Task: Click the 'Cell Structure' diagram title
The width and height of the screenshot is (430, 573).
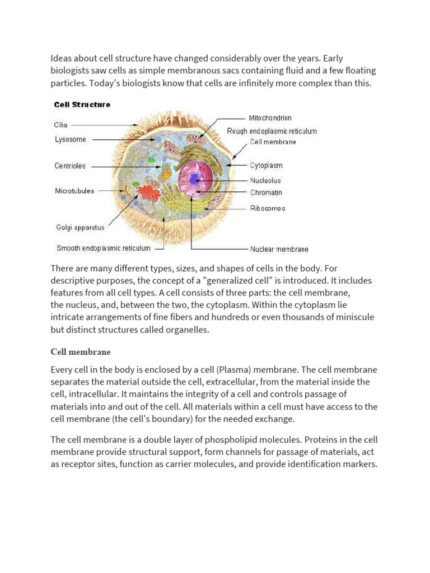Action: pos(82,105)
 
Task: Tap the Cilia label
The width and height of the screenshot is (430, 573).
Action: pos(60,125)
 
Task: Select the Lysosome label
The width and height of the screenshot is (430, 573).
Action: pos(71,139)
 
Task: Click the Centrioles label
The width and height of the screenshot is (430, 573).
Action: pos(70,166)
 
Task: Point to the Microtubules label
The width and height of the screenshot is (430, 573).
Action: pos(74,191)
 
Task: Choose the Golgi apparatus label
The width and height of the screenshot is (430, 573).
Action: pos(80,228)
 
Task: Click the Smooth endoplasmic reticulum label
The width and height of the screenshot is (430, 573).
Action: pos(104,248)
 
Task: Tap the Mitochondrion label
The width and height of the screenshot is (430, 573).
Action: pos(270,118)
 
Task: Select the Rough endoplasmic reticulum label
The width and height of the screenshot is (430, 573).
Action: pos(272,131)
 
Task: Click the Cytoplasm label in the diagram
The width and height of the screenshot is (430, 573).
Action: pos(266,166)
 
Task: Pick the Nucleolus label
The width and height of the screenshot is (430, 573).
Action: pos(265,180)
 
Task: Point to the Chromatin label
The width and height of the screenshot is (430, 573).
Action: pos(266,192)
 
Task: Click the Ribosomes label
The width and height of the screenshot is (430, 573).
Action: pos(267,208)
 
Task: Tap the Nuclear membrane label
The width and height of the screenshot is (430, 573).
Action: pos(278,249)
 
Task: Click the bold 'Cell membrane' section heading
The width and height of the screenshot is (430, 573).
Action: pos(81,352)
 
